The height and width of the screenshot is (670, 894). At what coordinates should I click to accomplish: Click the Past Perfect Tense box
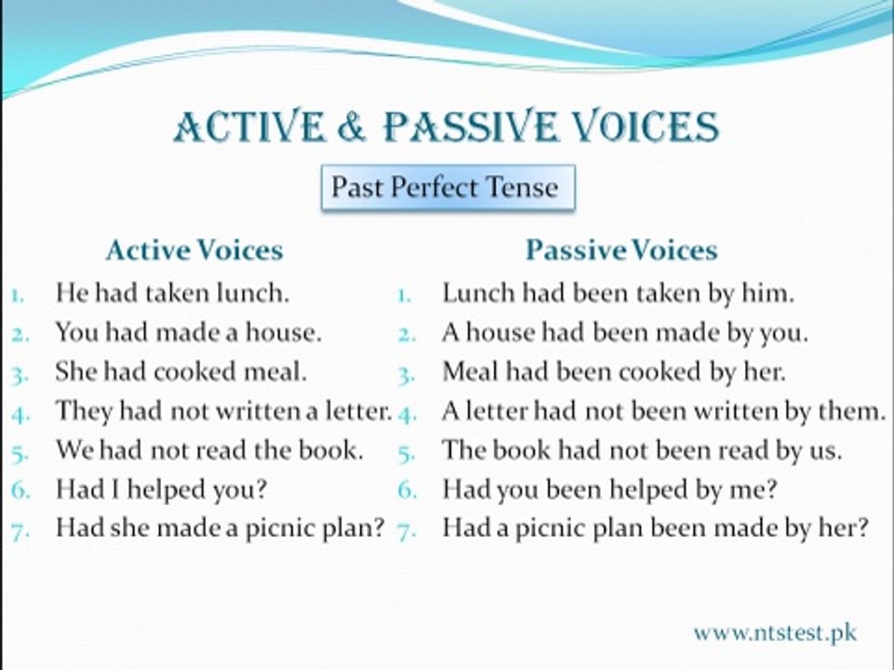448,187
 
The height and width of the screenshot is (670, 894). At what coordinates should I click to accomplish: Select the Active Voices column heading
195,250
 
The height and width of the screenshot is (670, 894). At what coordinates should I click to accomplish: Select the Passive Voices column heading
621,250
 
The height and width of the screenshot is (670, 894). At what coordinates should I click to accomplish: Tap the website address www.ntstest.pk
775,633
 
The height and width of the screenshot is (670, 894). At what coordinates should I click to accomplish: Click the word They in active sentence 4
84,411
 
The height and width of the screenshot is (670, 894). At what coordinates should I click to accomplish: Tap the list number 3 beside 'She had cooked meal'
20,375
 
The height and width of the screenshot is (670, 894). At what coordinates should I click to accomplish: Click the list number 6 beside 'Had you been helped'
407,490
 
